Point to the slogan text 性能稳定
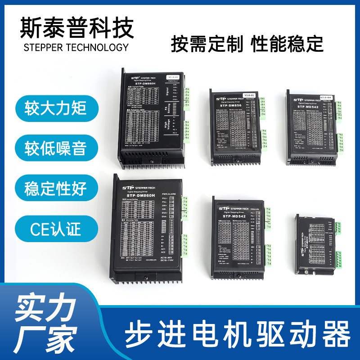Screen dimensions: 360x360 click(x=287, y=45)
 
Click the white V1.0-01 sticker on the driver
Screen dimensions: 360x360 click(x=248, y=96)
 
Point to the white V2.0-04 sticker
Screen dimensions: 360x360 click(x=325, y=96)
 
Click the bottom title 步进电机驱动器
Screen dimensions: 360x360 click(x=237, y=334)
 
